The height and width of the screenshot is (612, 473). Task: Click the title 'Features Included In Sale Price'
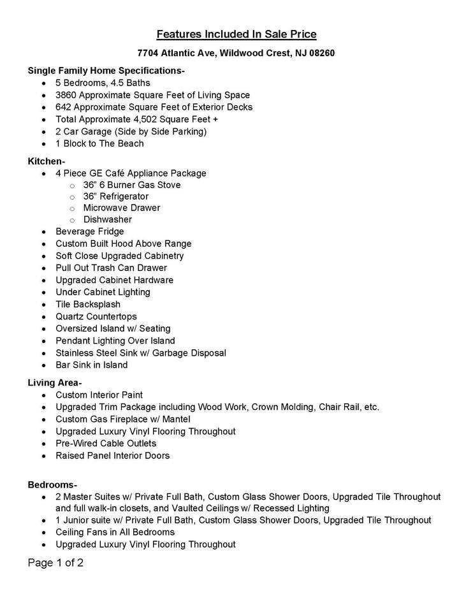pos(236,34)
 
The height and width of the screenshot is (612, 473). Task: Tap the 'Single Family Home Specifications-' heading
pos(106,71)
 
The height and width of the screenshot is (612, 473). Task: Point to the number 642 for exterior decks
pos(64,107)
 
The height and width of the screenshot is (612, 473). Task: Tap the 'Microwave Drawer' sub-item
pos(122,208)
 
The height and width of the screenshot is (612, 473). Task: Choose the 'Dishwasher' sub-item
pos(108,220)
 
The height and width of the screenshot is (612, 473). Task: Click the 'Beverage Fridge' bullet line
pos(90,231)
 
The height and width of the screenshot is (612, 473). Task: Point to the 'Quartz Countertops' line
pos(96,317)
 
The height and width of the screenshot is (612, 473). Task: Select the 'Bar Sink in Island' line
pos(92,365)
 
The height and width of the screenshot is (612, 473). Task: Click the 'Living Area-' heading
pos(55,383)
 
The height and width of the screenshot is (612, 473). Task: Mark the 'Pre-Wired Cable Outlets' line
pos(106,444)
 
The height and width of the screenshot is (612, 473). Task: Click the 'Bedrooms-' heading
pos(52,484)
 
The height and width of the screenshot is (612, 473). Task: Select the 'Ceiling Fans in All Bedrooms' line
pos(115,532)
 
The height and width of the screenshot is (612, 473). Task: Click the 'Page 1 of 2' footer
pos(55,563)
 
